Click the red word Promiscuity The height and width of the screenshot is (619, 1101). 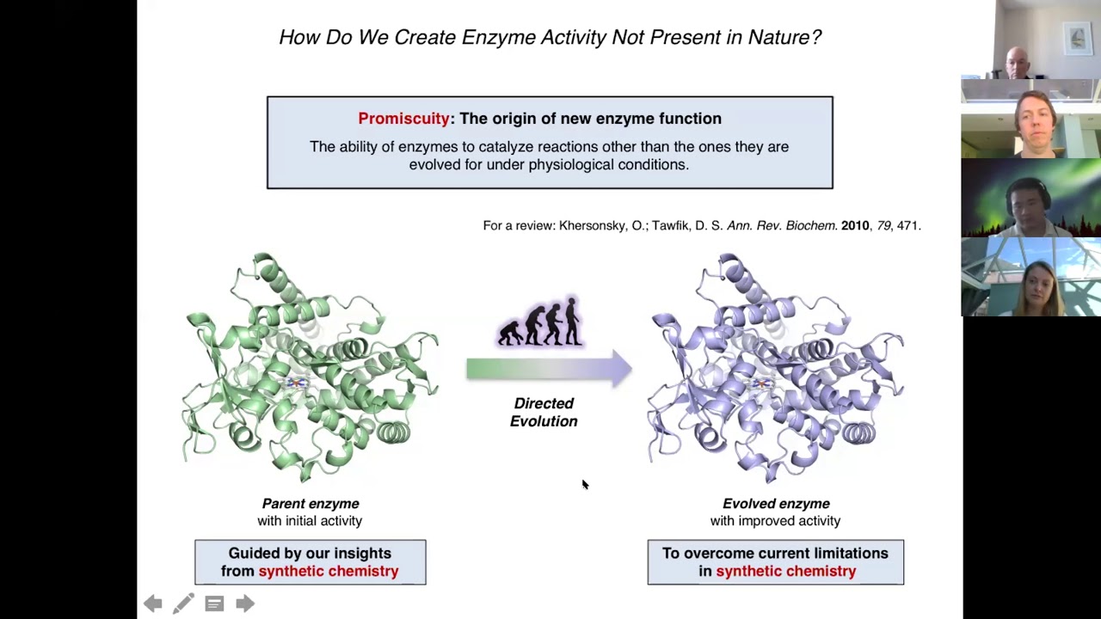point(403,119)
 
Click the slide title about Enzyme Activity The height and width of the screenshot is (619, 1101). point(550,37)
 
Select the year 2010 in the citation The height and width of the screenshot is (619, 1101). point(854,225)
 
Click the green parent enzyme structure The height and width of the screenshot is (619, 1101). point(311,368)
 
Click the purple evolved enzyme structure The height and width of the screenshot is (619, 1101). point(775,368)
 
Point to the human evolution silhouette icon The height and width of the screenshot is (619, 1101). point(541,323)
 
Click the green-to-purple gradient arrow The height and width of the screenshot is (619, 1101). point(549,369)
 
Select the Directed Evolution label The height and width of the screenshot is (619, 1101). point(544,412)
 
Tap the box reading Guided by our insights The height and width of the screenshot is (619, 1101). point(310,562)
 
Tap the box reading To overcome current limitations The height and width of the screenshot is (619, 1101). point(775,562)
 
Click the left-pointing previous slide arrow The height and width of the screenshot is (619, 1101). point(153,604)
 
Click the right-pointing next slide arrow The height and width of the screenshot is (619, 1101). point(245,604)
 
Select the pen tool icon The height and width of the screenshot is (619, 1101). point(183,604)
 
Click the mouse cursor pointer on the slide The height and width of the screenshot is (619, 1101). point(585,486)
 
